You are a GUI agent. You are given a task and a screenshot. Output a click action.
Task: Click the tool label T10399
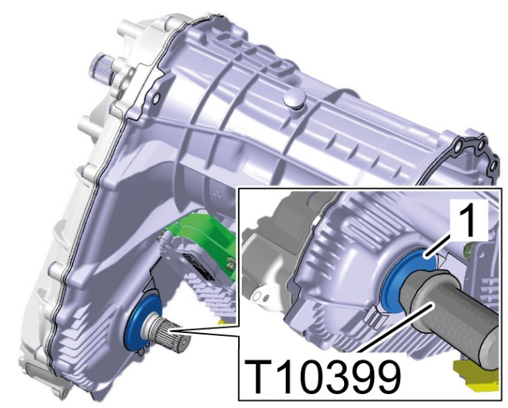[323, 376]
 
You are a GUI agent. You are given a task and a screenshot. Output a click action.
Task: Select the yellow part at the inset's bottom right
[476, 376]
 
